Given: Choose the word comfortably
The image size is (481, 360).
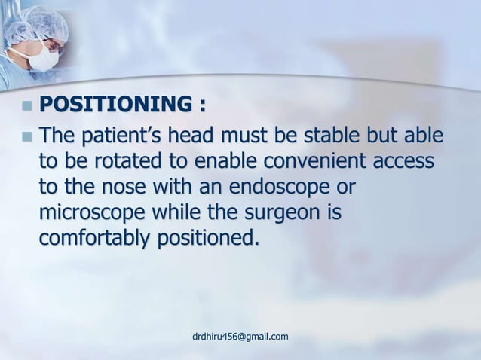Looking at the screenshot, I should pyautogui.click(x=94, y=239).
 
